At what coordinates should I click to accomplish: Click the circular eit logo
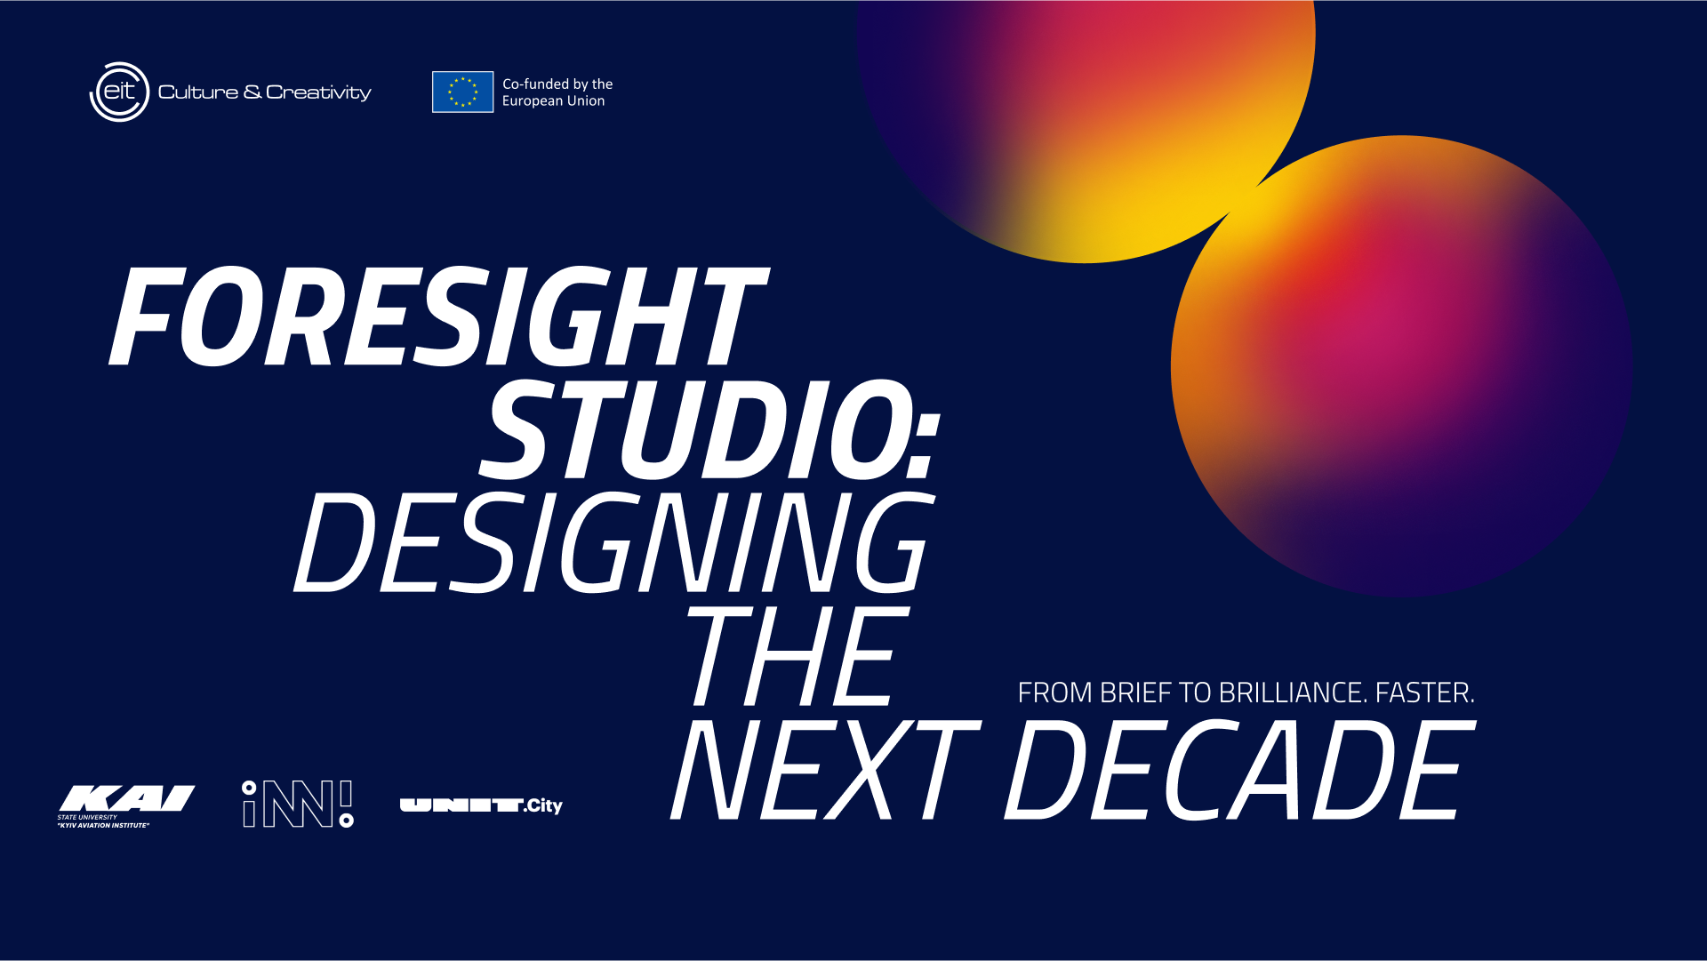pos(119,92)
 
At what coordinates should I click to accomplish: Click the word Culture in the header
pos(198,92)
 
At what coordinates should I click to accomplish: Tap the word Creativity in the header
pos(318,93)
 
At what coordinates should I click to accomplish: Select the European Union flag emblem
pos(462,92)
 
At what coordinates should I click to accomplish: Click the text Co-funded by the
pos(557,84)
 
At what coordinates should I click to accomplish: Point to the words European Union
pos(553,101)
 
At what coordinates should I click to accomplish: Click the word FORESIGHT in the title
pos(437,316)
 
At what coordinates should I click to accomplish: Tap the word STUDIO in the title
pos(694,429)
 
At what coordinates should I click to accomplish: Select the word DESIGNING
pos(614,542)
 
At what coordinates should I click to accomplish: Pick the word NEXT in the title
pos(825,770)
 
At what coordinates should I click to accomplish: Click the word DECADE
pos(1239,770)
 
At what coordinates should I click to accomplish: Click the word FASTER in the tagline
pos(1425,693)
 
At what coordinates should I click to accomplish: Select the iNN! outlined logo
pos(298,804)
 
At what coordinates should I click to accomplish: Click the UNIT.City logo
pos(481,805)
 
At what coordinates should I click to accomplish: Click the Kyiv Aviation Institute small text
pos(103,826)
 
